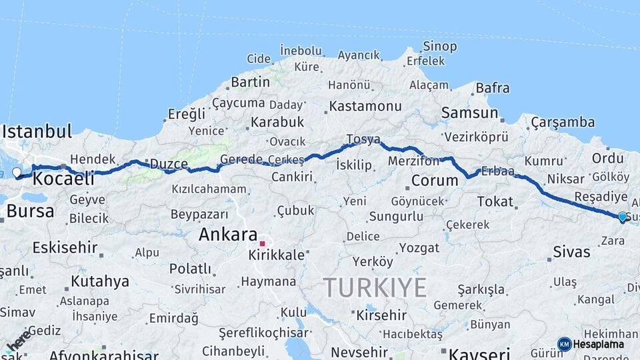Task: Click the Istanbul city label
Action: [x=37, y=131]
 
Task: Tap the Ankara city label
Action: [x=228, y=235]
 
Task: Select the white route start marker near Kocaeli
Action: [x=17, y=173]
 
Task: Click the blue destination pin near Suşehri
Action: [x=623, y=217]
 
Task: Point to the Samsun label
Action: [x=469, y=113]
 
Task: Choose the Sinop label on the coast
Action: [x=440, y=47]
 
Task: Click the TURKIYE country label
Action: [x=375, y=288]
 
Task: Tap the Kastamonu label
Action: [x=365, y=106]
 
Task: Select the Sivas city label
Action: [x=571, y=252]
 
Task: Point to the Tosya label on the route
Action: [x=363, y=139]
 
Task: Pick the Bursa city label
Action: [x=30, y=212]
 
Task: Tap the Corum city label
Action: [x=434, y=181]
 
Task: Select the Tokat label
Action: [x=495, y=201]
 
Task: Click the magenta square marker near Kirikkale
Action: [x=263, y=244]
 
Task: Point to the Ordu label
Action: [x=607, y=158]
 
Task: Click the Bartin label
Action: [x=250, y=83]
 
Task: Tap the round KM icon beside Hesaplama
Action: [x=564, y=344]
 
